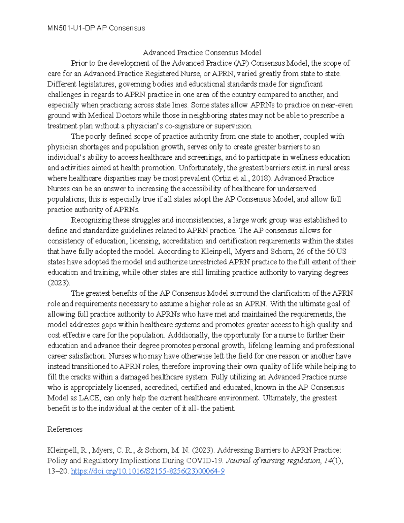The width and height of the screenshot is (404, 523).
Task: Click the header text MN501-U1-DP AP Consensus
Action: coord(96,28)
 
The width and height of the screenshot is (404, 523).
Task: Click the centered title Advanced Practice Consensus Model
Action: coord(202,53)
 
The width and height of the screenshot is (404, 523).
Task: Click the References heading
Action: coord(65,429)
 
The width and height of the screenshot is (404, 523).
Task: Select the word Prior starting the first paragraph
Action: coord(78,63)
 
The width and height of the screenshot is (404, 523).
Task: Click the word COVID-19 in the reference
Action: coord(208,461)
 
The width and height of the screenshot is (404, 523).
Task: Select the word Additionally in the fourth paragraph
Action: coord(188,335)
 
